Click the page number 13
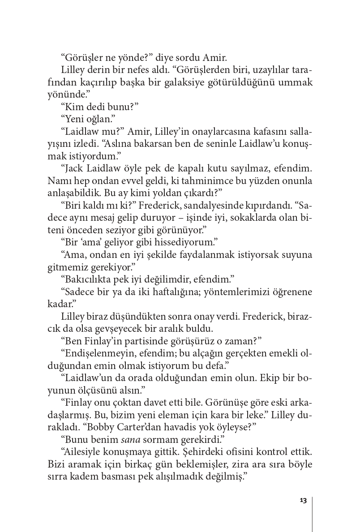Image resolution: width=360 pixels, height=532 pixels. [303, 501]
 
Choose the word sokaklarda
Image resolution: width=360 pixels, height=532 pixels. [242, 219]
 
